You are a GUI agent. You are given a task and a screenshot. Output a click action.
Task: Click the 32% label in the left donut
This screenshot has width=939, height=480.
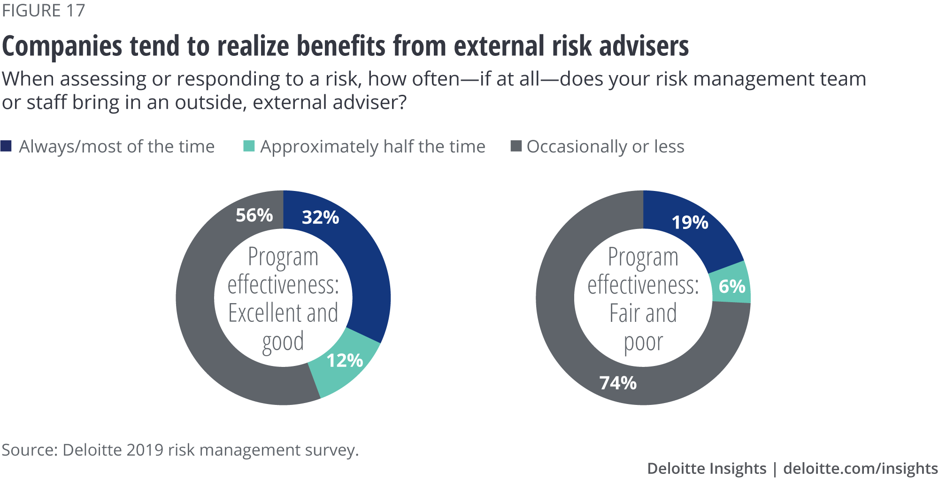point(320,217)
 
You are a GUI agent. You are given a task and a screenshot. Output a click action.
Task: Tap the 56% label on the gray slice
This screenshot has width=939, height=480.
point(254,215)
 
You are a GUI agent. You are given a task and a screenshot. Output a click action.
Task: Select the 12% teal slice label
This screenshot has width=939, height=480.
point(345,360)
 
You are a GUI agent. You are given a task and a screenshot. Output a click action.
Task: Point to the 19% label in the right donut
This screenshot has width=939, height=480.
point(690,222)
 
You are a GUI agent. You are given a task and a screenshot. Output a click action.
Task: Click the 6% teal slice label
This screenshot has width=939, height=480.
point(732,286)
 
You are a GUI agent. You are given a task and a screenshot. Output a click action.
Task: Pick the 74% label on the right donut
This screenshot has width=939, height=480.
point(618,383)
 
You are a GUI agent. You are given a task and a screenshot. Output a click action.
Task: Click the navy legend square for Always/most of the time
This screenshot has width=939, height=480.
point(6,146)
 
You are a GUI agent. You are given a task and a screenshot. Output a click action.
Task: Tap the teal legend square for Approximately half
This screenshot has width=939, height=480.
point(249,146)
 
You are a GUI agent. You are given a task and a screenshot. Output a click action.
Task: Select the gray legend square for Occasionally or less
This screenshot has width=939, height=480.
point(516,146)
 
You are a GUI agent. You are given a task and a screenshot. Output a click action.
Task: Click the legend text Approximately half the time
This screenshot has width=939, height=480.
point(373,147)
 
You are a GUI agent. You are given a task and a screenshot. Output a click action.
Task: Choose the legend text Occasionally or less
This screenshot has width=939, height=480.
point(605,147)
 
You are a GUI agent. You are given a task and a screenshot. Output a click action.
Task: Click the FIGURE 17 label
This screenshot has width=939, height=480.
point(43,10)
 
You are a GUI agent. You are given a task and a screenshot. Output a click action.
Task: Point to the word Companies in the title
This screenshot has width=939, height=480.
point(62,46)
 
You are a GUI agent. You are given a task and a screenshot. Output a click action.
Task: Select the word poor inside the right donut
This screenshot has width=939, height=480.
point(643,343)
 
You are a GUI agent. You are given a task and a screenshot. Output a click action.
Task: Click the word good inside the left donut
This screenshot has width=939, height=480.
point(283,343)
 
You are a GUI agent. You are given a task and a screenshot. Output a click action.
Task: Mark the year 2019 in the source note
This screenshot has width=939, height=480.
point(145,450)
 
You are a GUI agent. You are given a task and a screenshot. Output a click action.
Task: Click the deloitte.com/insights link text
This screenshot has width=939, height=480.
point(860,468)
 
